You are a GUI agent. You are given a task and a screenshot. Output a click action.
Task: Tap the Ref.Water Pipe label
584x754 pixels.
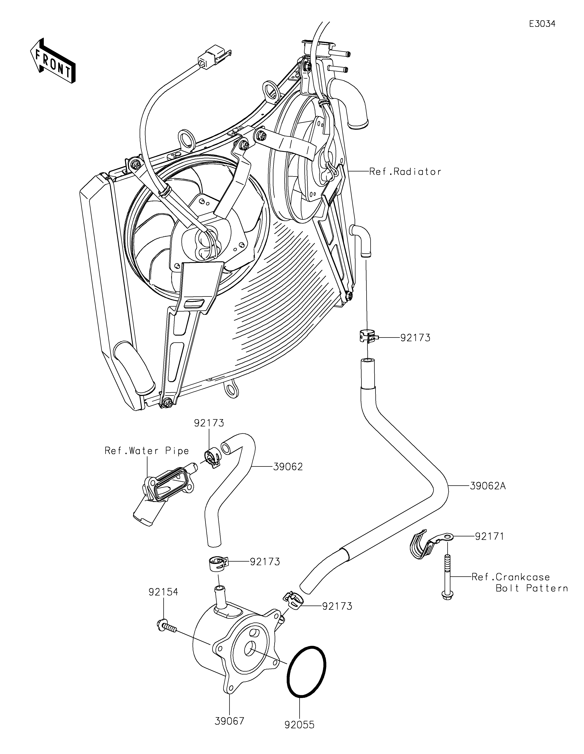tap(147, 451)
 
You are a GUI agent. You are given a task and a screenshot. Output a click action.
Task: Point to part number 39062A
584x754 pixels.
tap(488, 486)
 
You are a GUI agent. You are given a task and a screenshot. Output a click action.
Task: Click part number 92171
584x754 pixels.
tap(489, 537)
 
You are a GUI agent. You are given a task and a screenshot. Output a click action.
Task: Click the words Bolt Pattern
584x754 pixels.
tap(532, 588)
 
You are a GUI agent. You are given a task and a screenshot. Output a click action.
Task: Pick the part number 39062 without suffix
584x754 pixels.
tap(288, 467)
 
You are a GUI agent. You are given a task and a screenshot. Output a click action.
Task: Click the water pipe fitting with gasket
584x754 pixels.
tap(165, 493)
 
